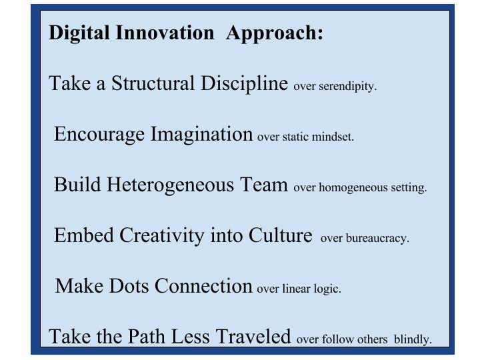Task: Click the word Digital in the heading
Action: [x=79, y=33]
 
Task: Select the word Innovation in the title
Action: [x=165, y=32]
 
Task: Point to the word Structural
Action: [x=153, y=83]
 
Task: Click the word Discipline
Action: [x=244, y=83]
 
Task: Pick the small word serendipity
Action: [x=347, y=86]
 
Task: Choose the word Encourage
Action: [x=99, y=135]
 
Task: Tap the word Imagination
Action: [x=202, y=135]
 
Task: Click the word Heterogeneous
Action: [x=170, y=185]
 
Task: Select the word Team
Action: [x=264, y=184]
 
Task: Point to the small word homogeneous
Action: [x=353, y=187]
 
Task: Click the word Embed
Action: [x=84, y=235]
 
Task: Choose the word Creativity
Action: [x=162, y=236]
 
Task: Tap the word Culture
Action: [x=281, y=235]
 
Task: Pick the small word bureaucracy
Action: [x=377, y=239]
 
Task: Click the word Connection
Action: [x=203, y=286]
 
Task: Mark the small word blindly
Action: [x=413, y=339]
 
